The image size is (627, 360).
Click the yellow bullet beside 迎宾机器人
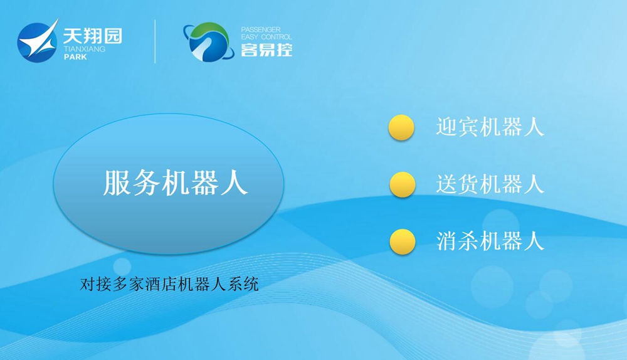[x=401, y=127]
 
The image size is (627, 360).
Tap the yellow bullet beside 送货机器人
[x=403, y=185]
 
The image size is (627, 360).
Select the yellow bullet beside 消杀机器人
[x=403, y=242]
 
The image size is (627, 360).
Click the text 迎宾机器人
[x=490, y=127]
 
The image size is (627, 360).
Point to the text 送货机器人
[x=490, y=184]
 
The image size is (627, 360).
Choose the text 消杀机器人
[x=490, y=241]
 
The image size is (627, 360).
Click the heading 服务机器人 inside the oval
[x=176, y=183]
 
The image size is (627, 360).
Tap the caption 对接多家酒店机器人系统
[x=169, y=284]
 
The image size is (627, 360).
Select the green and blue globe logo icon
[x=208, y=43]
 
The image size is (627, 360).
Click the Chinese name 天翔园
[x=92, y=36]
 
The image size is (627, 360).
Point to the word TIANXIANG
[x=85, y=49]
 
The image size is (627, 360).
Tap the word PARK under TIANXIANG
[x=75, y=57]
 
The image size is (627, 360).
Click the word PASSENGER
[x=261, y=29]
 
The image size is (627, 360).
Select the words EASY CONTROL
[x=266, y=37]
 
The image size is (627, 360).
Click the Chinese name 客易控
[x=266, y=50]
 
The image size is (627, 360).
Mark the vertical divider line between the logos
[x=155, y=41]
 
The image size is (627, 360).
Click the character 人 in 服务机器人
[x=234, y=183]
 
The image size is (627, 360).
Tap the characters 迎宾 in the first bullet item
[x=456, y=127]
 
